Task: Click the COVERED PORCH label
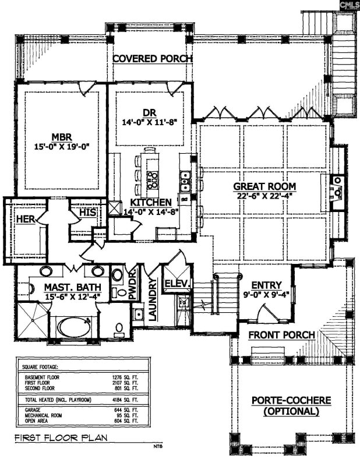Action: pyautogui.click(x=152, y=59)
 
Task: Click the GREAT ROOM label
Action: pyautogui.click(x=265, y=186)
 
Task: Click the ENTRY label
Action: pyautogui.click(x=267, y=285)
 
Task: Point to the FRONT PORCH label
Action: pyautogui.click(x=282, y=335)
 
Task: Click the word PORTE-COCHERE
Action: pyautogui.click(x=292, y=401)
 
